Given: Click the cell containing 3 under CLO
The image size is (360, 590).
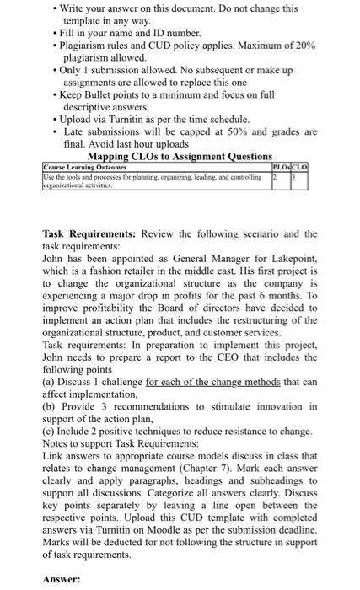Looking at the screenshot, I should point(294,174).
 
